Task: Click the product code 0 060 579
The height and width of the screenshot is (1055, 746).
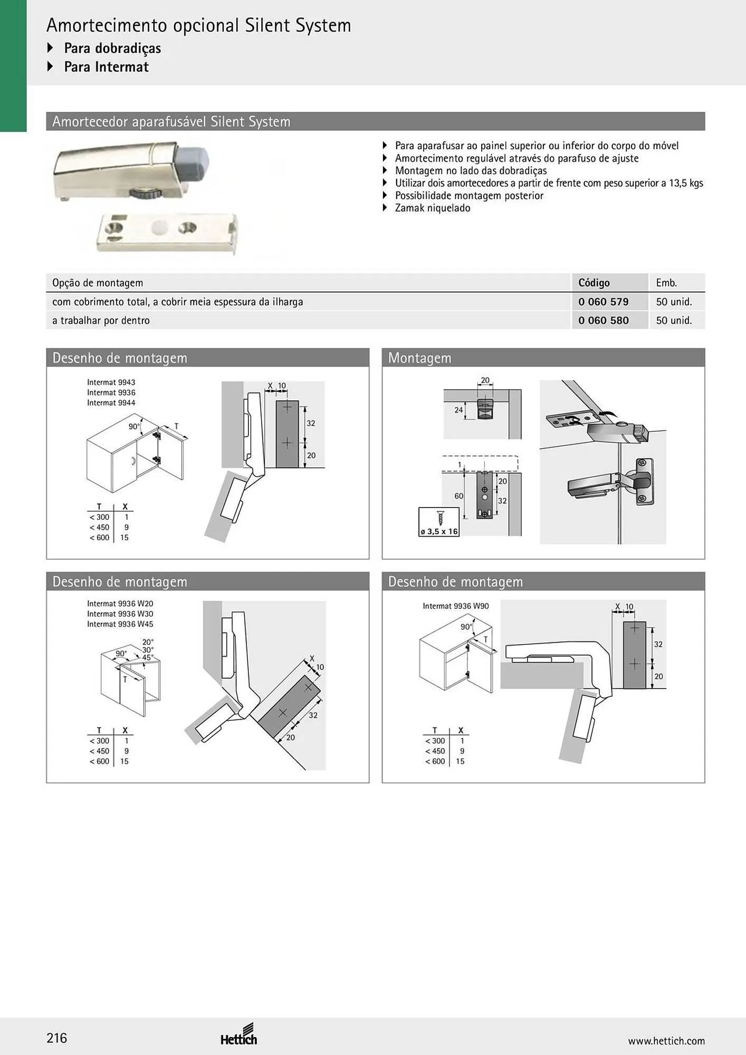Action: (x=603, y=302)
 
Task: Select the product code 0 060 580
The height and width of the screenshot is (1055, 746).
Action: (x=603, y=320)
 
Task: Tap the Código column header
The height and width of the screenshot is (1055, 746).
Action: (x=594, y=283)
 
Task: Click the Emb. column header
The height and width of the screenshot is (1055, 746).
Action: (x=666, y=283)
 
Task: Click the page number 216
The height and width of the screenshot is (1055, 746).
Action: (x=57, y=1038)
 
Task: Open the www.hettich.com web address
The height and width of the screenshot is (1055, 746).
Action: (x=666, y=1041)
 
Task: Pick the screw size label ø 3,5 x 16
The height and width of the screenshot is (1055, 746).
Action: (x=439, y=532)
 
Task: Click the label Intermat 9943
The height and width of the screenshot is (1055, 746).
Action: (x=111, y=382)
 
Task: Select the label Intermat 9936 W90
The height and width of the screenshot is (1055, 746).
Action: (x=456, y=606)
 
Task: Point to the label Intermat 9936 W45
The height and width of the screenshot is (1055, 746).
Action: (x=120, y=624)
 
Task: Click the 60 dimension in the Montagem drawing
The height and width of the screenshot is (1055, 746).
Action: (x=459, y=496)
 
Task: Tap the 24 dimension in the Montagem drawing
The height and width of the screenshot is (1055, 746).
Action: (x=459, y=410)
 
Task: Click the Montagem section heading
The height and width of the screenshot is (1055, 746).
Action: (x=420, y=358)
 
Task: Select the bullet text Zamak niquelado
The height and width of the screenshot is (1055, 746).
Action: (x=433, y=208)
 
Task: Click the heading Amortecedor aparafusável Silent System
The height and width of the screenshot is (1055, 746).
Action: (x=171, y=122)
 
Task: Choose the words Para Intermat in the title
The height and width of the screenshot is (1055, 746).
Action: (x=107, y=67)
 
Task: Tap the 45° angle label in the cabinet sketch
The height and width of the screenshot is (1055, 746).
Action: (x=148, y=657)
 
